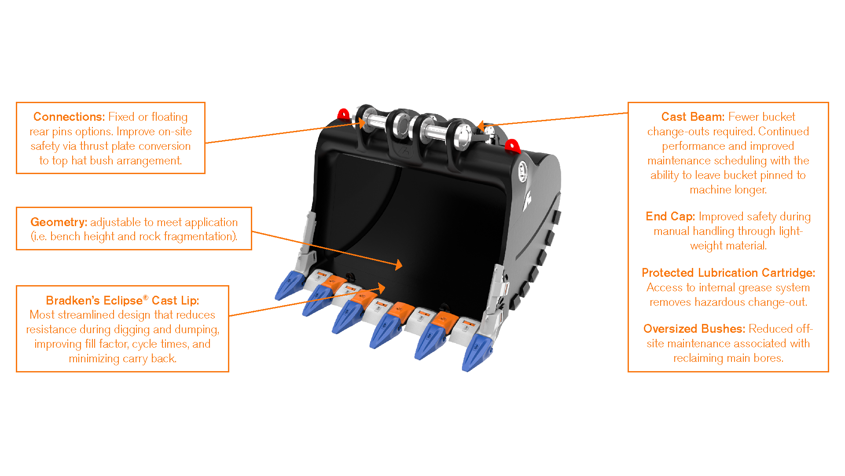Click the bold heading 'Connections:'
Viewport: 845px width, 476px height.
point(69,117)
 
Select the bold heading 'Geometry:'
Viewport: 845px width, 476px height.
point(59,222)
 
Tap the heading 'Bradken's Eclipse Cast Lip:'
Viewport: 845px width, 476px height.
point(122,300)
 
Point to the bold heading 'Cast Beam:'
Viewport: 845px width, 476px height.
point(693,117)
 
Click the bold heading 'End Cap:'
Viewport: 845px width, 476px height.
point(670,216)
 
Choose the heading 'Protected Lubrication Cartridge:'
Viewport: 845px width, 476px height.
point(728,273)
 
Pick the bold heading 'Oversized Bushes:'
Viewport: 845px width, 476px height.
point(694,329)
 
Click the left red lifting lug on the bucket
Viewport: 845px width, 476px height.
point(343,114)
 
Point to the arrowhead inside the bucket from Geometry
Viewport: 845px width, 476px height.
point(398,264)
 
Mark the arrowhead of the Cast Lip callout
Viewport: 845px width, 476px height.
point(381,289)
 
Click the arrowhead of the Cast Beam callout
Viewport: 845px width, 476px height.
point(481,126)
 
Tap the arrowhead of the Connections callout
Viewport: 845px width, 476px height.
point(362,123)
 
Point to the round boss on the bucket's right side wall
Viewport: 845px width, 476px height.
point(522,171)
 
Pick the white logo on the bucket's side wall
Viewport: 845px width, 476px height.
point(527,201)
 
